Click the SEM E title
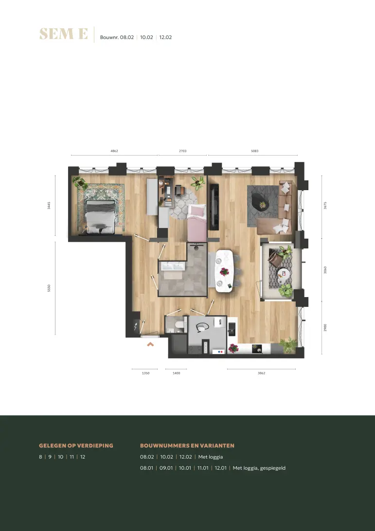click(63, 34)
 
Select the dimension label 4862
click(114, 151)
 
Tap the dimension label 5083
click(255, 151)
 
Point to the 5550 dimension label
click(49, 288)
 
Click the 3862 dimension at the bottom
click(261, 373)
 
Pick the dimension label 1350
click(145, 373)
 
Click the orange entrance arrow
click(150, 344)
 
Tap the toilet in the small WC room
click(179, 325)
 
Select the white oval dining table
click(224, 270)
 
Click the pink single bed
click(197, 223)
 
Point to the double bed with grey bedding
click(100, 216)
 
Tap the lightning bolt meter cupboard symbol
click(136, 327)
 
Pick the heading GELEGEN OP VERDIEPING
click(76, 445)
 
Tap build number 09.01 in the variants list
click(166, 468)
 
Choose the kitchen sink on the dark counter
click(232, 329)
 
